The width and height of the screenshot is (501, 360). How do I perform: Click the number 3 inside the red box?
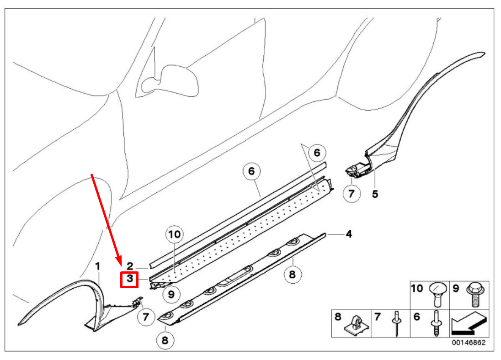pos(129,279)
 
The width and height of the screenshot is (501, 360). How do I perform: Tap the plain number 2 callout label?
pos(130,265)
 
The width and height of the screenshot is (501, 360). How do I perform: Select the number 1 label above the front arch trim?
pos(97,265)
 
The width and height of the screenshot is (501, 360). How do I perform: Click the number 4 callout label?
pos(349,234)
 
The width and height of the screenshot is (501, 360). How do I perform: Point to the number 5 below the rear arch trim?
pos(375,194)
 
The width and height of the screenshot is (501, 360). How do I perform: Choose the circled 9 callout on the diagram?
pos(171,294)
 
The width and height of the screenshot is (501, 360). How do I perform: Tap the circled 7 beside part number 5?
pos(351,194)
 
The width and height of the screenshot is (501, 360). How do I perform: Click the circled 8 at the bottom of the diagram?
pos(165,340)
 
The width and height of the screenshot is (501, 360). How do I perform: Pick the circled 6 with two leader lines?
pos(317,152)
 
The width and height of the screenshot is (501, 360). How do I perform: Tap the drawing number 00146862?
pos(469,343)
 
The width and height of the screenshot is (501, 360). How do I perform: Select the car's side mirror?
pos(171,80)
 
